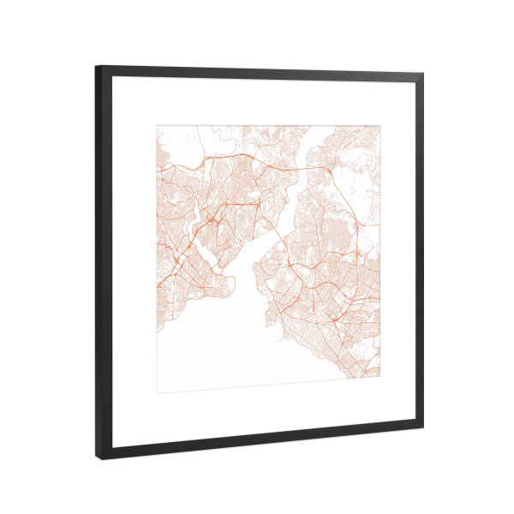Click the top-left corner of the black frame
click(x=97, y=67)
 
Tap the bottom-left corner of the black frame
click(x=97, y=459)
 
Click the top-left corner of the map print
click(x=156, y=126)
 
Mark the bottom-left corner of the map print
click(x=156, y=392)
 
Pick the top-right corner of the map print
click(x=380, y=126)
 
